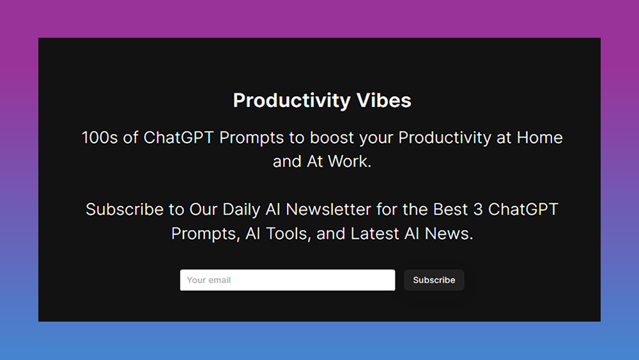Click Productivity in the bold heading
coord(291,100)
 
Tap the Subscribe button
coord(434,280)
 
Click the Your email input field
coord(288,280)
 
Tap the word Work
coord(350,162)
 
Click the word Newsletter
coord(334,209)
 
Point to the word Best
coord(450,209)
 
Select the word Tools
coord(287,233)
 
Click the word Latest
coord(374,233)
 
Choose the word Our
coord(204,209)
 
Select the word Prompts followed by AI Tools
coord(206,233)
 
